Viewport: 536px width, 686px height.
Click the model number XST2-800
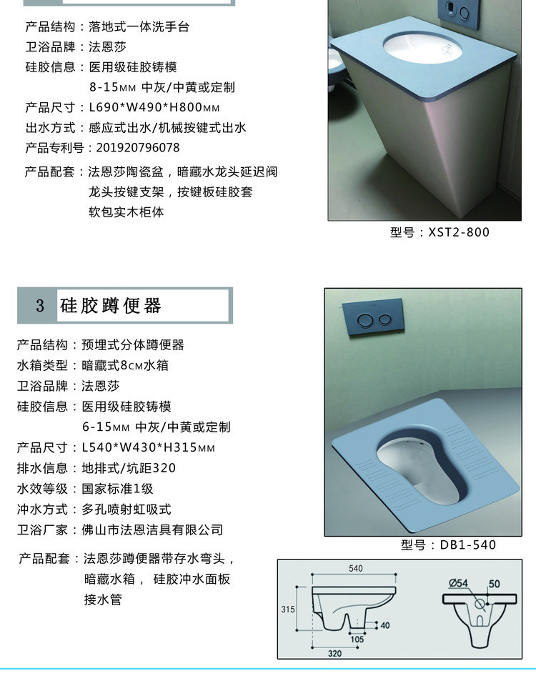point(459,232)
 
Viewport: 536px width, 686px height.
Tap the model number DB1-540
point(467,545)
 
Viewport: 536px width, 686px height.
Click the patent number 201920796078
point(138,147)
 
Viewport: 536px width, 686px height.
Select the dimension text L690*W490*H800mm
point(154,107)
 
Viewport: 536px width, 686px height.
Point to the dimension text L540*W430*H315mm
point(149,447)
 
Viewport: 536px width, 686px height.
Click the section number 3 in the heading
point(40,305)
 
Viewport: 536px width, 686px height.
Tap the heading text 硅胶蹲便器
point(111,305)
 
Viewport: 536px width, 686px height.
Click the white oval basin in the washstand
point(422,49)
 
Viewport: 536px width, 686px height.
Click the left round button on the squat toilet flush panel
point(365,321)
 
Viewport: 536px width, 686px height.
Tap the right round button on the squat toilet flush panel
point(384,319)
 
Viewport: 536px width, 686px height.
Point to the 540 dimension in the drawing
point(356,568)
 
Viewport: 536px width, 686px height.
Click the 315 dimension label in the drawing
point(288,609)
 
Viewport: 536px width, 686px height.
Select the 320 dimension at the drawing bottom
point(334,653)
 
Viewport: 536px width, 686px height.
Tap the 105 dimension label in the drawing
point(357,639)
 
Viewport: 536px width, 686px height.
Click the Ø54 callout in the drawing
point(458,583)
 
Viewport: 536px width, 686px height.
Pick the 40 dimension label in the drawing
point(385,625)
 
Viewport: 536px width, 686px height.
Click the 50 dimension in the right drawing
point(494,584)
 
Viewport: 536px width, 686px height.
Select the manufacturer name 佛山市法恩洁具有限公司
point(152,530)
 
